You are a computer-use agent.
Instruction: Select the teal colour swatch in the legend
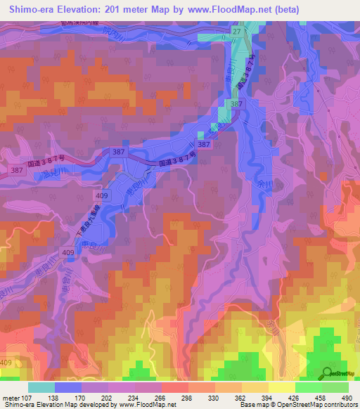pos(41,387)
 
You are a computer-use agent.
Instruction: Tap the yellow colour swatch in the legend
pos(282,387)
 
